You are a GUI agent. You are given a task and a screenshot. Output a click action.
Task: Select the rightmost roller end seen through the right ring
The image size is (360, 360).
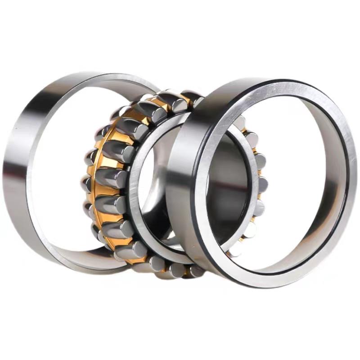point(262,184)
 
